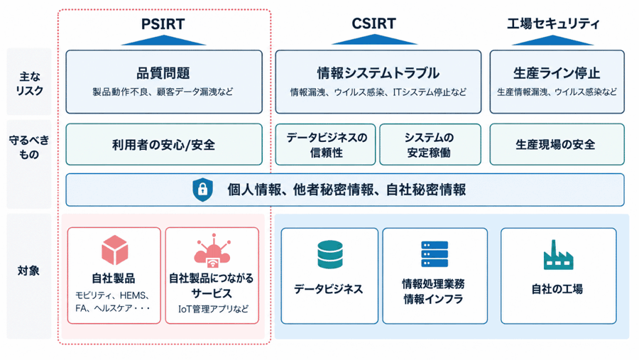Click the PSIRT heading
163,24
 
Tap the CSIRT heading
373,23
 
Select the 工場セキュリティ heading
553,23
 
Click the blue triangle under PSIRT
163,40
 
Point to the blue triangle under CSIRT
374,40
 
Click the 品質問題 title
163,73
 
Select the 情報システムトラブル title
378,73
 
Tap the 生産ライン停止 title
557,73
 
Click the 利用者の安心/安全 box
164,144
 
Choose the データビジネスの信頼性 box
325,144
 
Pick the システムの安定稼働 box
430,144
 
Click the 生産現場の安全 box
557,144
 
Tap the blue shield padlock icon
202,190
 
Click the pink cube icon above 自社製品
115,250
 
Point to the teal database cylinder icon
330,254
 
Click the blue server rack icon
435,254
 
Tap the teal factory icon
558,255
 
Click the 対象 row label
28,271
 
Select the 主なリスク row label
29,84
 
